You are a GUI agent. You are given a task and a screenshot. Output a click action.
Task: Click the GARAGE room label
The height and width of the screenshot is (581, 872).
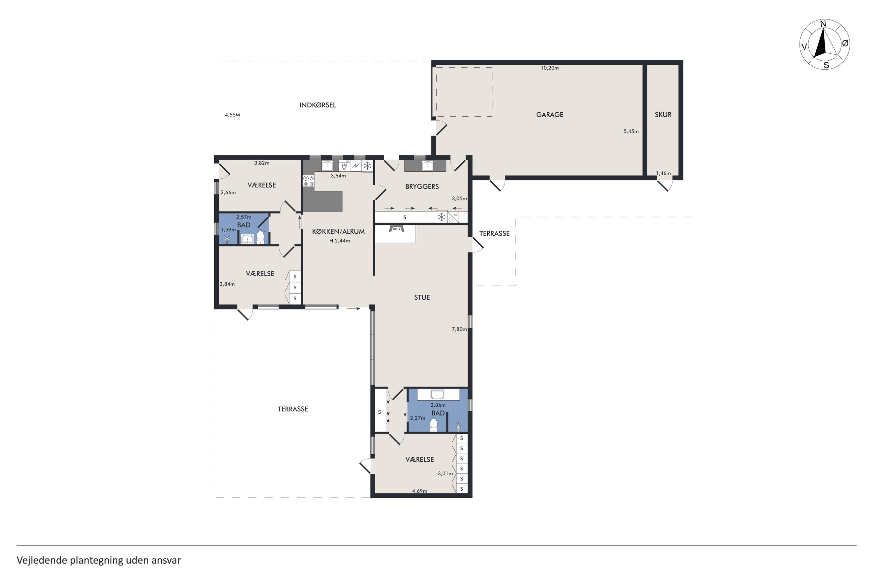click(x=549, y=115)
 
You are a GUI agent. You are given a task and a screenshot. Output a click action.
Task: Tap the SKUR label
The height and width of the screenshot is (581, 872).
click(x=663, y=115)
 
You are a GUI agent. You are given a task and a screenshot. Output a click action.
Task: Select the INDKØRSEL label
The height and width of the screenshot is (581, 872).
click(x=318, y=105)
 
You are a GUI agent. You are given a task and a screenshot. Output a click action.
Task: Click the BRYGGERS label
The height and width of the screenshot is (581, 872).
click(x=422, y=186)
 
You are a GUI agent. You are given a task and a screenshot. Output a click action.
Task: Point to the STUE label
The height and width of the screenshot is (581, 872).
click(x=422, y=297)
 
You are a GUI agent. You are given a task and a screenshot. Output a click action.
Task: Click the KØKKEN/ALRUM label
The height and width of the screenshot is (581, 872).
click(x=338, y=231)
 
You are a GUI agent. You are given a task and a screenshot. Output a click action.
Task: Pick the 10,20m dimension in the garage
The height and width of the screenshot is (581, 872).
click(x=550, y=68)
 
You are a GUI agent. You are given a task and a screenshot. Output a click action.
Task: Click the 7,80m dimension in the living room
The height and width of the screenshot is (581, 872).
click(x=459, y=329)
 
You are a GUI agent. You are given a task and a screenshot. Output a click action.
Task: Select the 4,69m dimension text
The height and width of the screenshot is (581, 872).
click(x=420, y=491)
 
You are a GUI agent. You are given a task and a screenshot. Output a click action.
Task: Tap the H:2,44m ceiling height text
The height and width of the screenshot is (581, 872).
click(x=339, y=240)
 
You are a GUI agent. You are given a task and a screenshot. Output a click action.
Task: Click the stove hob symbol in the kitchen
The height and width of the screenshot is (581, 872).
click(x=309, y=181)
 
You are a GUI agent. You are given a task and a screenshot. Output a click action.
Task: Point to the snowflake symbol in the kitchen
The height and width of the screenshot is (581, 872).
click(x=367, y=166)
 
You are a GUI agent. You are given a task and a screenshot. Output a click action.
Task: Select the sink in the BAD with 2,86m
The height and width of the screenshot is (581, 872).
click(x=437, y=394)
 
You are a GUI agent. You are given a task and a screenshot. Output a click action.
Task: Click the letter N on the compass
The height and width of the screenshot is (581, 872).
click(x=823, y=24)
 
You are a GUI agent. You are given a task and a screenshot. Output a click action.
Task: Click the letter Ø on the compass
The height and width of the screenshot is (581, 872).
click(x=845, y=43)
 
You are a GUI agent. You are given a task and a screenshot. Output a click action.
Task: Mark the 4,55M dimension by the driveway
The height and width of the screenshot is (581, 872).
click(x=232, y=115)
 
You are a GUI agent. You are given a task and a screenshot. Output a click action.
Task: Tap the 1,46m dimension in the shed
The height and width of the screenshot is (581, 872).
click(x=663, y=173)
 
